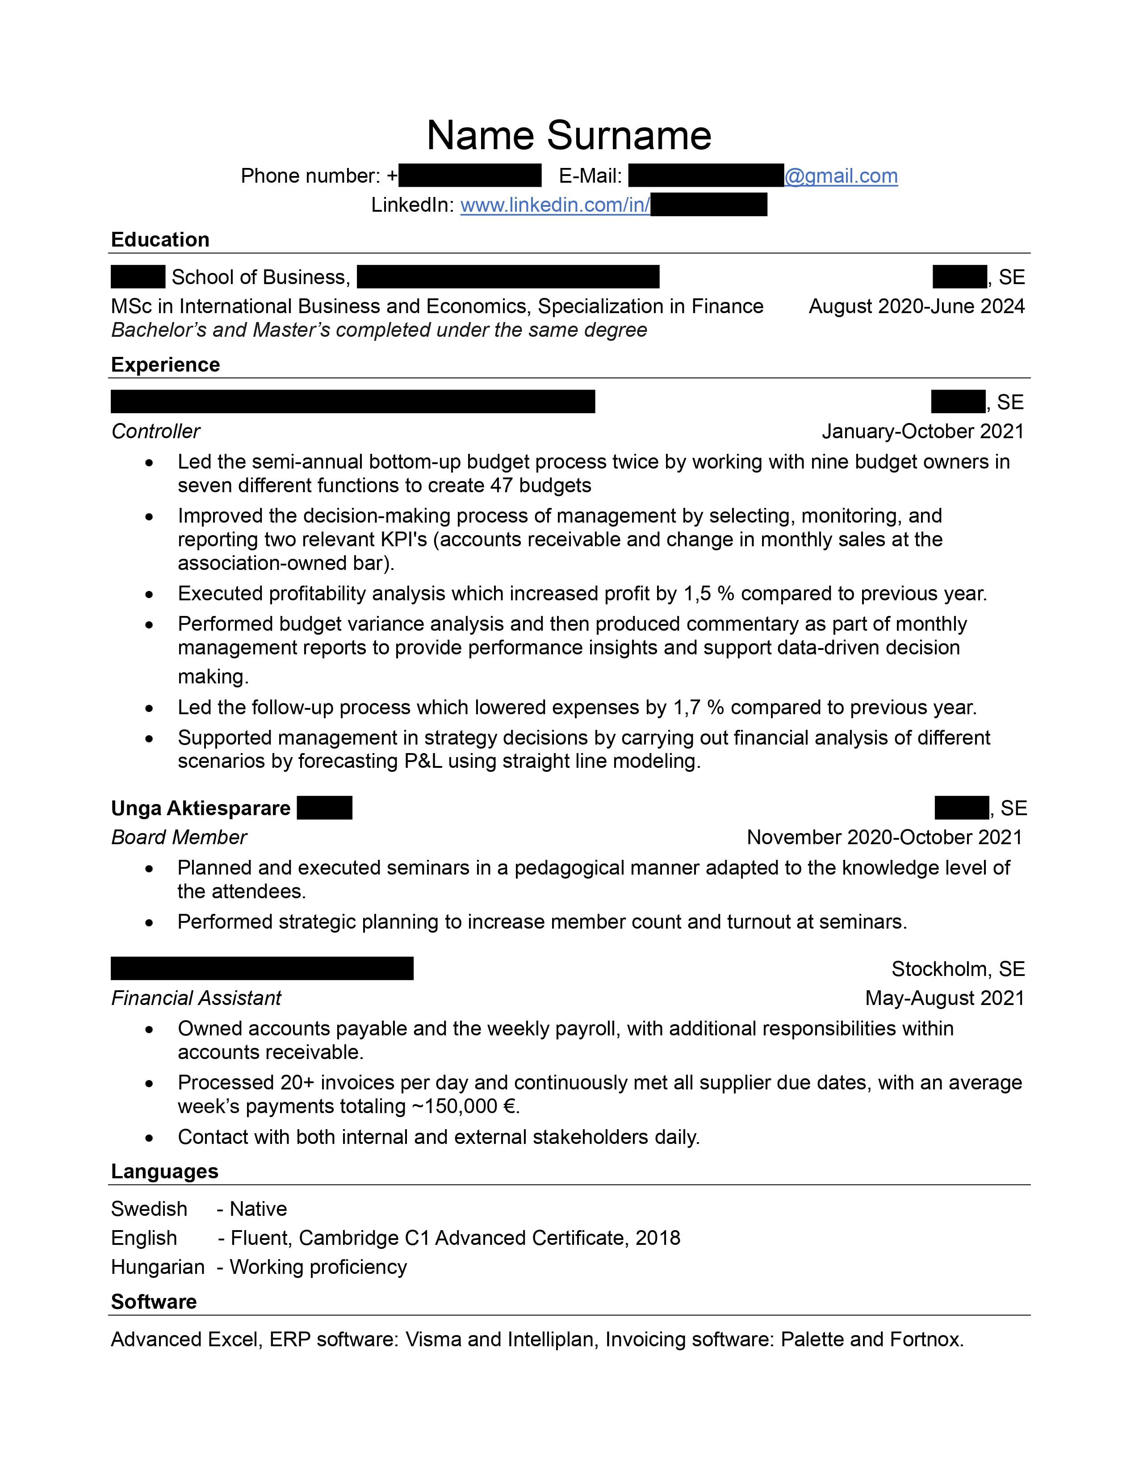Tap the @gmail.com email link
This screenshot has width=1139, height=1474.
point(841,176)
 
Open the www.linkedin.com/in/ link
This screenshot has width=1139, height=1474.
point(555,205)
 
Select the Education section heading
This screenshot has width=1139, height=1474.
point(160,239)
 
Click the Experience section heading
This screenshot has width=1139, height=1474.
point(165,364)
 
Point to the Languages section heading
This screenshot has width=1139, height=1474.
point(165,1171)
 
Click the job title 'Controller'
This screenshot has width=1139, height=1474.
point(156,431)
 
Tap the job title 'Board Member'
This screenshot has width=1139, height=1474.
point(179,837)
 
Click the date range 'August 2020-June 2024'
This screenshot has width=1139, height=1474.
point(916,306)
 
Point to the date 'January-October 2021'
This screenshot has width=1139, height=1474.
point(922,431)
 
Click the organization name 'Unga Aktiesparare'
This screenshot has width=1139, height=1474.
point(201,808)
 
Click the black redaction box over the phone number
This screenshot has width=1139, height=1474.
point(470,176)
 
